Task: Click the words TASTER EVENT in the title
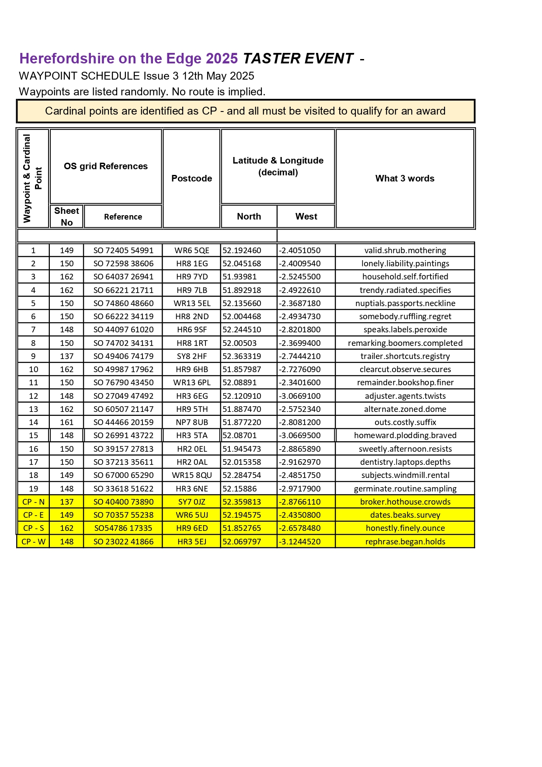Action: [x=298, y=59]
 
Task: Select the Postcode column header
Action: [x=191, y=178]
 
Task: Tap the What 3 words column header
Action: [x=405, y=178]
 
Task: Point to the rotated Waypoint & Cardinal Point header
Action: [x=33, y=178]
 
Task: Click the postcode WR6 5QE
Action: [x=192, y=251]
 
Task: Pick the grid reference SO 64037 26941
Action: [x=123, y=277]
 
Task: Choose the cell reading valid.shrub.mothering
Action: [x=405, y=251]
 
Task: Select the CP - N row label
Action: [x=33, y=502]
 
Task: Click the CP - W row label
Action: [x=33, y=542]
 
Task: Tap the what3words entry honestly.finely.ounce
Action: [x=405, y=528]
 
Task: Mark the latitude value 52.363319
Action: [x=242, y=356]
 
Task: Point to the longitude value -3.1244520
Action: [x=300, y=542]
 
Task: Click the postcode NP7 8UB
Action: [x=192, y=422]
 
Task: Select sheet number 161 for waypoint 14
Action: [x=67, y=422]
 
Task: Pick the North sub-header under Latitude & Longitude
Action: [x=249, y=216]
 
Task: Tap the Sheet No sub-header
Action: [x=67, y=216]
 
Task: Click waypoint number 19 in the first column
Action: [x=33, y=488]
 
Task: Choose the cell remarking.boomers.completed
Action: [x=405, y=343]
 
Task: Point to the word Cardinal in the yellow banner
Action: [x=65, y=111]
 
